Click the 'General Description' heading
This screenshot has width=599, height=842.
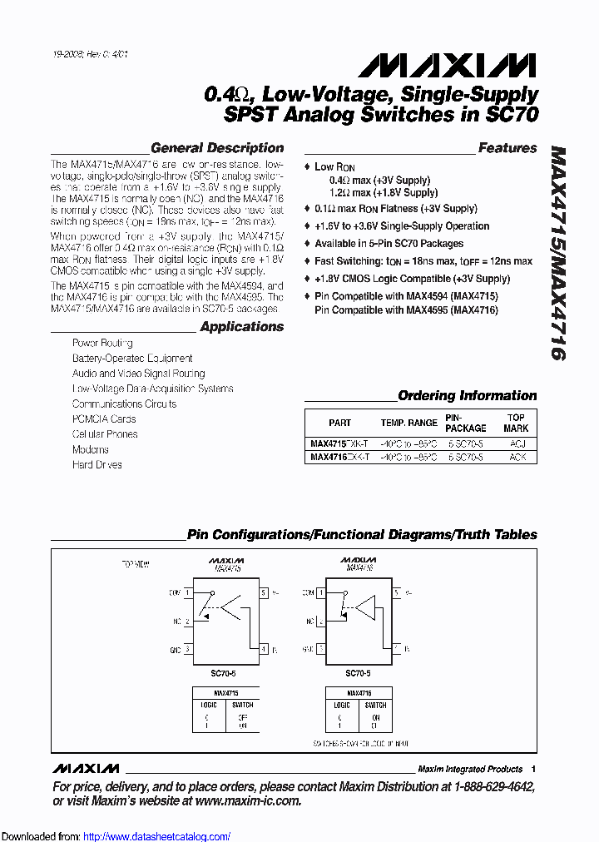tap(216, 148)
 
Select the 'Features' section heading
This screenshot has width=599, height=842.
tap(507, 148)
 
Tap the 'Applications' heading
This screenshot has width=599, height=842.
tap(241, 327)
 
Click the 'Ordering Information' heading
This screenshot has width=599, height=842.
tap(467, 396)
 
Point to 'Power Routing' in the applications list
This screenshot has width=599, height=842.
tap(102, 343)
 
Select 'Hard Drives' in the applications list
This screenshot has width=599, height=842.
tap(97, 464)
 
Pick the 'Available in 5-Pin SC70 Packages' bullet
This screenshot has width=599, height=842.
tap(389, 244)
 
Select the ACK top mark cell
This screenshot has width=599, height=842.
tap(517, 458)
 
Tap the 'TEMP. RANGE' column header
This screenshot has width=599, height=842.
tap(408, 423)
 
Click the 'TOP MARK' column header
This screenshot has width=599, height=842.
tap(516, 423)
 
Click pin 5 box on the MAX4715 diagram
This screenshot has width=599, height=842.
tap(264, 593)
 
